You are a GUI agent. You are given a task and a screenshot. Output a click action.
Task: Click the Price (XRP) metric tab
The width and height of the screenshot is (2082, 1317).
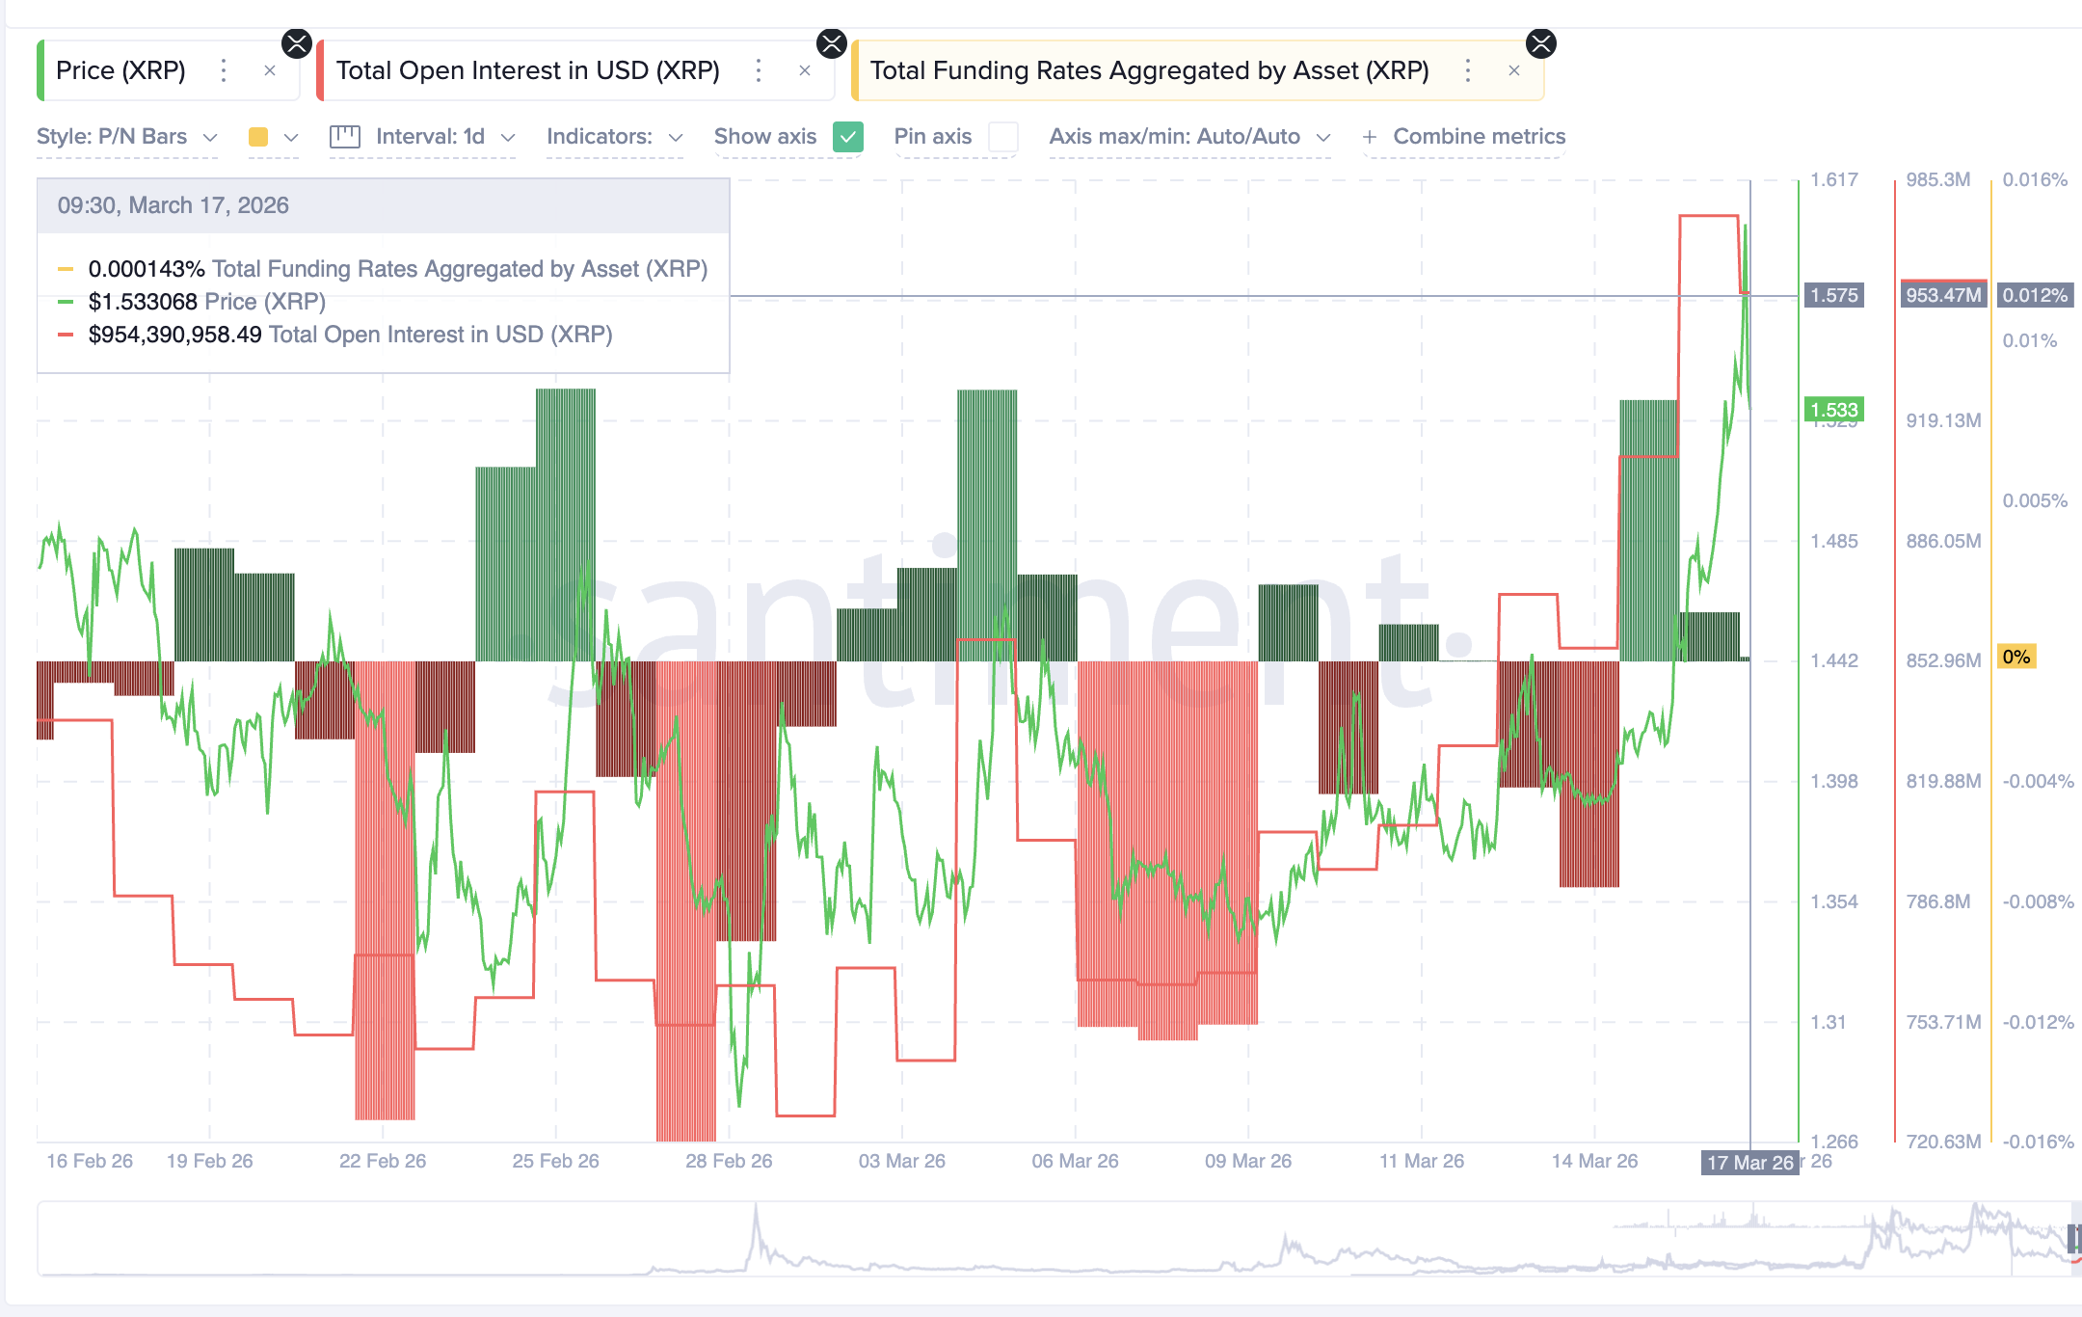tap(120, 70)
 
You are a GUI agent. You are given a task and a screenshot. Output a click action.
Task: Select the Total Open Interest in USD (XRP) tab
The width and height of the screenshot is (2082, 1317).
tap(527, 70)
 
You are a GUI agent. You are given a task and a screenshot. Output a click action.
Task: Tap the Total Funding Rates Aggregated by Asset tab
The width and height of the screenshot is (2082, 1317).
tap(1149, 70)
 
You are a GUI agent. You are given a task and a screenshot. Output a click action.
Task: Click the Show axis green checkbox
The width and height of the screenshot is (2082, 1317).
tap(848, 137)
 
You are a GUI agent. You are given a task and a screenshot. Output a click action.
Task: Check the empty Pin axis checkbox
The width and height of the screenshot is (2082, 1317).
tap(1003, 137)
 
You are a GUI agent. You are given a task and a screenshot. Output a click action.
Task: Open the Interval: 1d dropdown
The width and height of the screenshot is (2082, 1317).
tap(430, 137)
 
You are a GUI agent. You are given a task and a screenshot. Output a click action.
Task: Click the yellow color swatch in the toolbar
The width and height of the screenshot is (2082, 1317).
tap(258, 137)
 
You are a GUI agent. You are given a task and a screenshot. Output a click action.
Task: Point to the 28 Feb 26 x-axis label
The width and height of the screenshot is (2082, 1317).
tap(729, 1161)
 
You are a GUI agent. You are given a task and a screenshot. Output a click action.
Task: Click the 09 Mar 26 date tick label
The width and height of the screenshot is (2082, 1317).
tap(1248, 1161)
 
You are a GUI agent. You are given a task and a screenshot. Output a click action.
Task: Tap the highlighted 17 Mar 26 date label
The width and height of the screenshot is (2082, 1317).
tap(1749, 1162)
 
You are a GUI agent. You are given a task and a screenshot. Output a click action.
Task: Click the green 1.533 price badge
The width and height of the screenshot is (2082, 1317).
tap(1833, 410)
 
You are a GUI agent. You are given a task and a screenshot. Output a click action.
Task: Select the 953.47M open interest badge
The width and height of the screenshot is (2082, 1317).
tap(1943, 295)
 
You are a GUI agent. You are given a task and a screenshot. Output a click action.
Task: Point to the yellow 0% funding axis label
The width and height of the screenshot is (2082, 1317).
tap(2016, 657)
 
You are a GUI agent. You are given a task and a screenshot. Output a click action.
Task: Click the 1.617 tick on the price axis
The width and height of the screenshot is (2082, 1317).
tap(1833, 179)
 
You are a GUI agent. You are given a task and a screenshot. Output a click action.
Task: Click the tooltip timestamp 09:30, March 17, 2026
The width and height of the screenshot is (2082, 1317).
tap(173, 205)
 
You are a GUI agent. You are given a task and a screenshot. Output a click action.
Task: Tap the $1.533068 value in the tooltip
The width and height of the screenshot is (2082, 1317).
tap(143, 302)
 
